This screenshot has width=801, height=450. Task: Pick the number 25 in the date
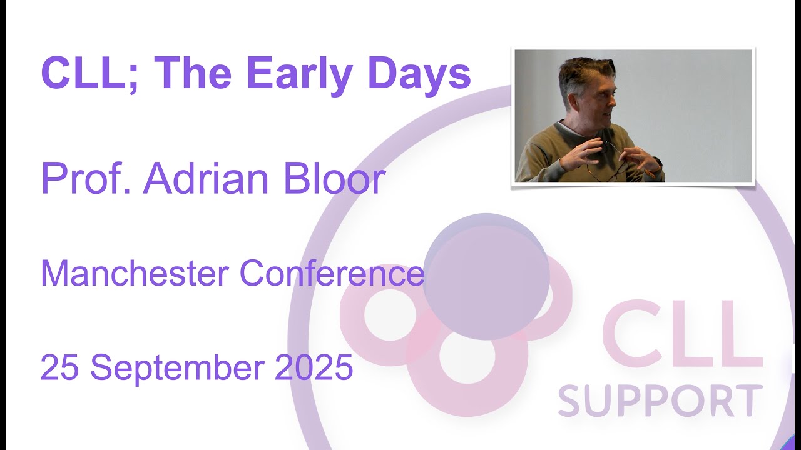coord(59,367)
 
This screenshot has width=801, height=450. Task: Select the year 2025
coord(314,367)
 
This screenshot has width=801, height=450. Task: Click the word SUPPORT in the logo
coord(660,401)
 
